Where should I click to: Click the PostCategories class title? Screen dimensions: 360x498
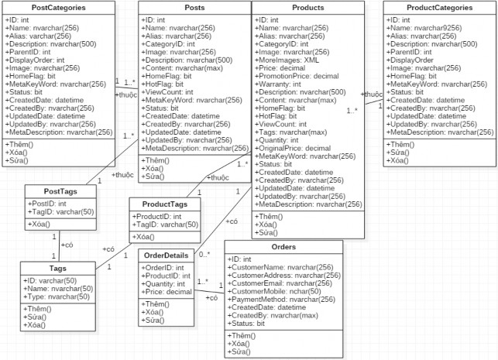coord(58,8)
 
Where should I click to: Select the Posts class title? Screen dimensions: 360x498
coord(194,8)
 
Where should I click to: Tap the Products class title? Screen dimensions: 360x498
coord(307,8)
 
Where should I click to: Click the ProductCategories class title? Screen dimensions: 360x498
coord(439,8)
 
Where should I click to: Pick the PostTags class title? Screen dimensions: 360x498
coord(60,191)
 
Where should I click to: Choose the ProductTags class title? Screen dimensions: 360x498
coord(164,204)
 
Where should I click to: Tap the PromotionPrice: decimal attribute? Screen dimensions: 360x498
coord(299,76)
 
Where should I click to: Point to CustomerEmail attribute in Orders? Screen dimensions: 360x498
coord(283,283)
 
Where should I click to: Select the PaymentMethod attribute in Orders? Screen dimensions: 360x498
coord(283,300)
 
